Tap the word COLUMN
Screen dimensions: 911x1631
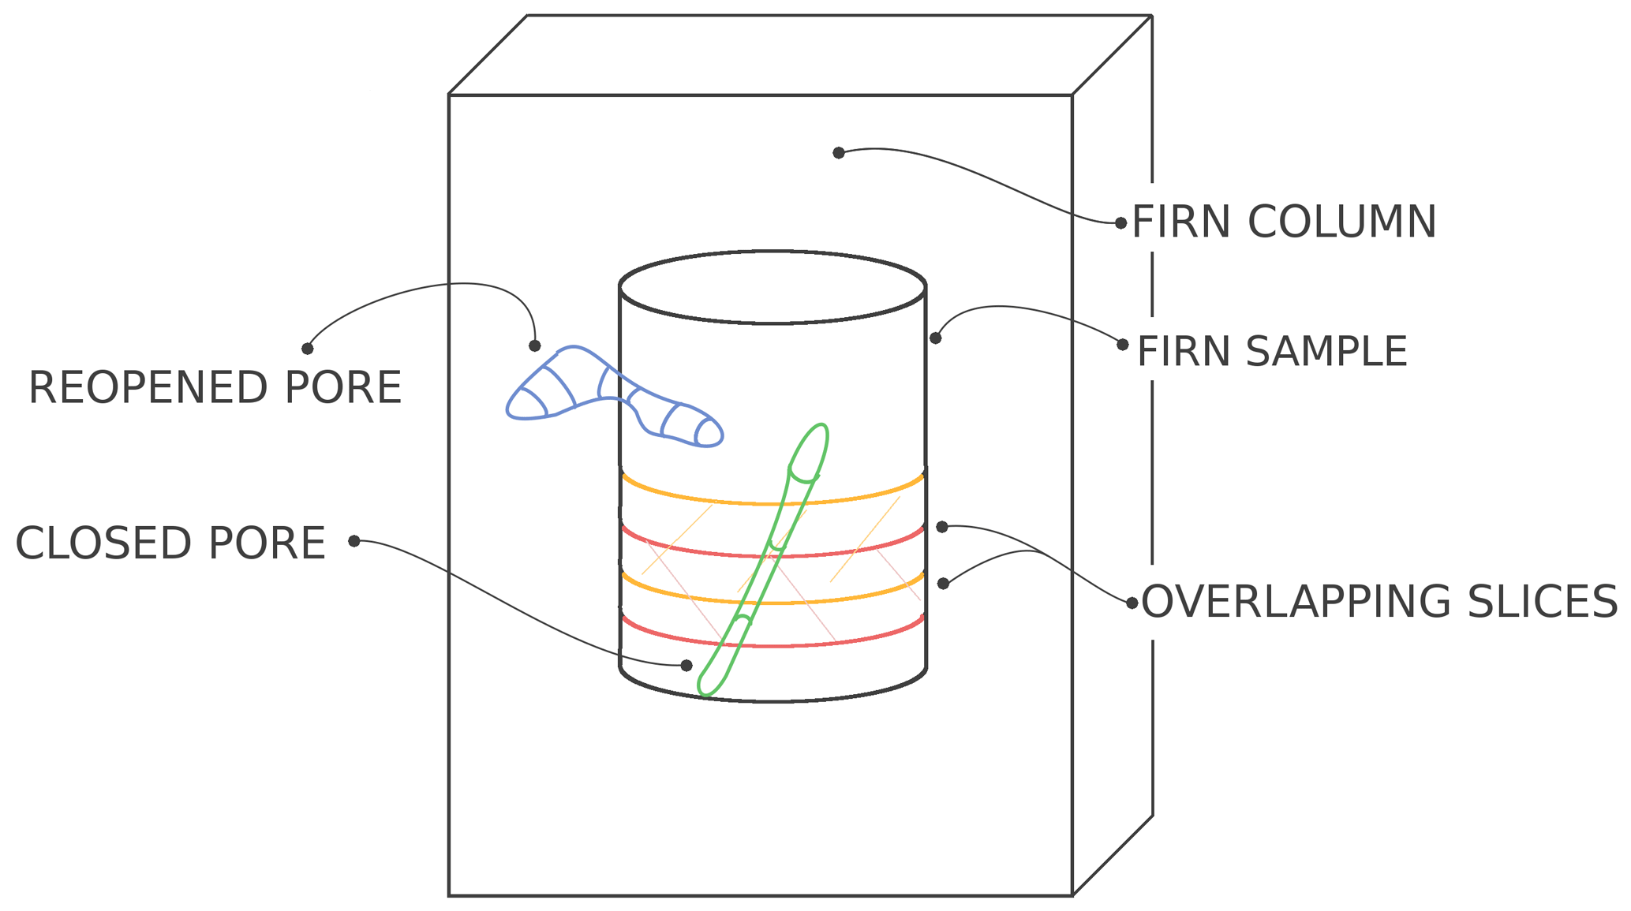1341,222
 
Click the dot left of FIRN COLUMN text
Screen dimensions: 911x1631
1121,223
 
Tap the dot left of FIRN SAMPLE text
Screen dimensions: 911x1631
1123,345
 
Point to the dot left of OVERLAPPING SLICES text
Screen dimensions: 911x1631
1132,603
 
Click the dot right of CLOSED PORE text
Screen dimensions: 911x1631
354,541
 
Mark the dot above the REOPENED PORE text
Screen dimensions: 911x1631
308,349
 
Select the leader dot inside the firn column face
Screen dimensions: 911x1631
839,153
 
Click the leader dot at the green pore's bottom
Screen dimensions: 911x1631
686,666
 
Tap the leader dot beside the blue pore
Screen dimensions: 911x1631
535,346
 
